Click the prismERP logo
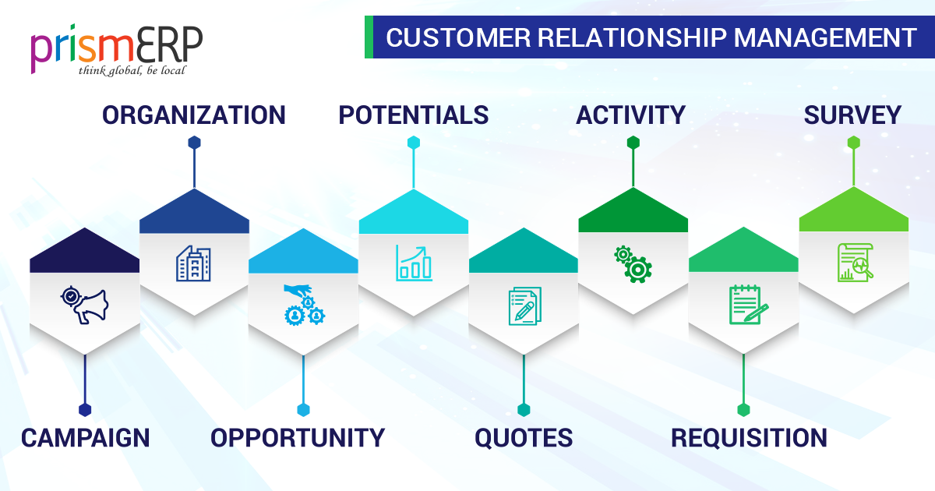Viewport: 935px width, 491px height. click(117, 47)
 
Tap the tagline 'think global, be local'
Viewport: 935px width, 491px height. click(132, 71)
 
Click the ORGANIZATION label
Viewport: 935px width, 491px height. click(194, 115)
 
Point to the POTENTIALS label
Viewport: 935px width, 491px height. click(413, 115)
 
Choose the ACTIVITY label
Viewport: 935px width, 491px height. click(630, 115)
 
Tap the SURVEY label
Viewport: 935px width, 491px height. click(852, 115)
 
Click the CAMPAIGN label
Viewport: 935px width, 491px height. click(85, 438)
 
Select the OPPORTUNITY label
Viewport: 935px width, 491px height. click(298, 438)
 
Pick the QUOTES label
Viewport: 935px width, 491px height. click(524, 438)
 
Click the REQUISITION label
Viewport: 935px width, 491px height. click(749, 438)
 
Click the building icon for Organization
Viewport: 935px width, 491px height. click(193, 263)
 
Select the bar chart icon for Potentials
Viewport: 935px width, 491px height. click(413, 263)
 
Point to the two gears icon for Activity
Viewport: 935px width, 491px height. click(633, 263)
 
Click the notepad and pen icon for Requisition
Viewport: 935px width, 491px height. click(746, 304)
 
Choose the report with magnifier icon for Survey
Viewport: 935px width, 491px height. click(854, 262)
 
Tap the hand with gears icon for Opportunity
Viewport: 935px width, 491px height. click(303, 304)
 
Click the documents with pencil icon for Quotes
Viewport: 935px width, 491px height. click(524, 306)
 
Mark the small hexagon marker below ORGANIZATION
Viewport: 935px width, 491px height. click(194, 143)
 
